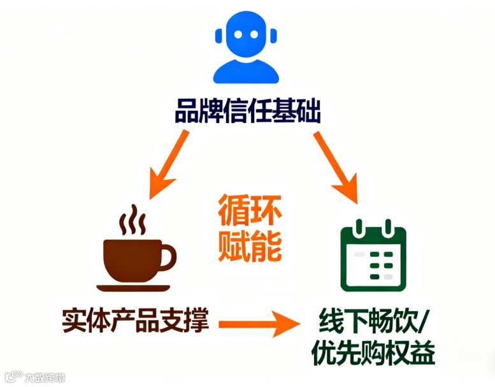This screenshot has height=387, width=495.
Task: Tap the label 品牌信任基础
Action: pyautogui.click(x=248, y=112)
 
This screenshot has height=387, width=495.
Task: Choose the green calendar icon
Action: pyautogui.click(x=371, y=255)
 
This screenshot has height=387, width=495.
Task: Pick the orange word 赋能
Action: pyautogui.click(x=249, y=245)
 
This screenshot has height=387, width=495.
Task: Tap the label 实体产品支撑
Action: pyautogui.click(x=136, y=321)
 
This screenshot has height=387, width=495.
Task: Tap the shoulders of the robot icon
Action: pyautogui.click(x=246, y=71)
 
